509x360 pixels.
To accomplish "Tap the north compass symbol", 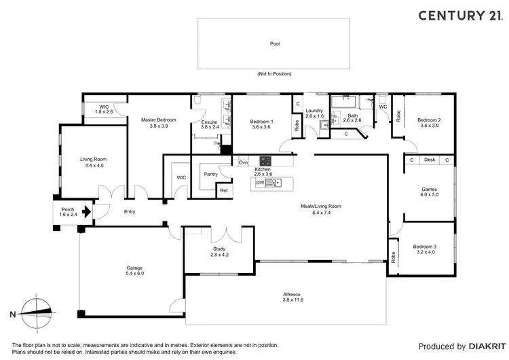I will [35, 313].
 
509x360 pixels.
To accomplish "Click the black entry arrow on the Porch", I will [86, 211].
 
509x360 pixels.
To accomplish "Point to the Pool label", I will [275, 43].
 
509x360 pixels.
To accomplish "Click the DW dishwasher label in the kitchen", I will [259, 183].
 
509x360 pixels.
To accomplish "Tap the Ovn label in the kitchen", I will [244, 162].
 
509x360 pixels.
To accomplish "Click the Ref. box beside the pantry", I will [224, 191].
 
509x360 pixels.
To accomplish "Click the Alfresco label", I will [293, 294].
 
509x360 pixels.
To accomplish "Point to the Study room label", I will [219, 249].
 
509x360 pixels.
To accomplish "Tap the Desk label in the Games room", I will [429, 160].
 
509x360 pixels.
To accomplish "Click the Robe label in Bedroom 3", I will [393, 257].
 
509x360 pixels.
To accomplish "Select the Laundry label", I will [314, 110].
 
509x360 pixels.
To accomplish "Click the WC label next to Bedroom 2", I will [383, 107].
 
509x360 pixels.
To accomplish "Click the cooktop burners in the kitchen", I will [265, 162].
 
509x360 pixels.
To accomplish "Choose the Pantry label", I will [210, 173].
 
